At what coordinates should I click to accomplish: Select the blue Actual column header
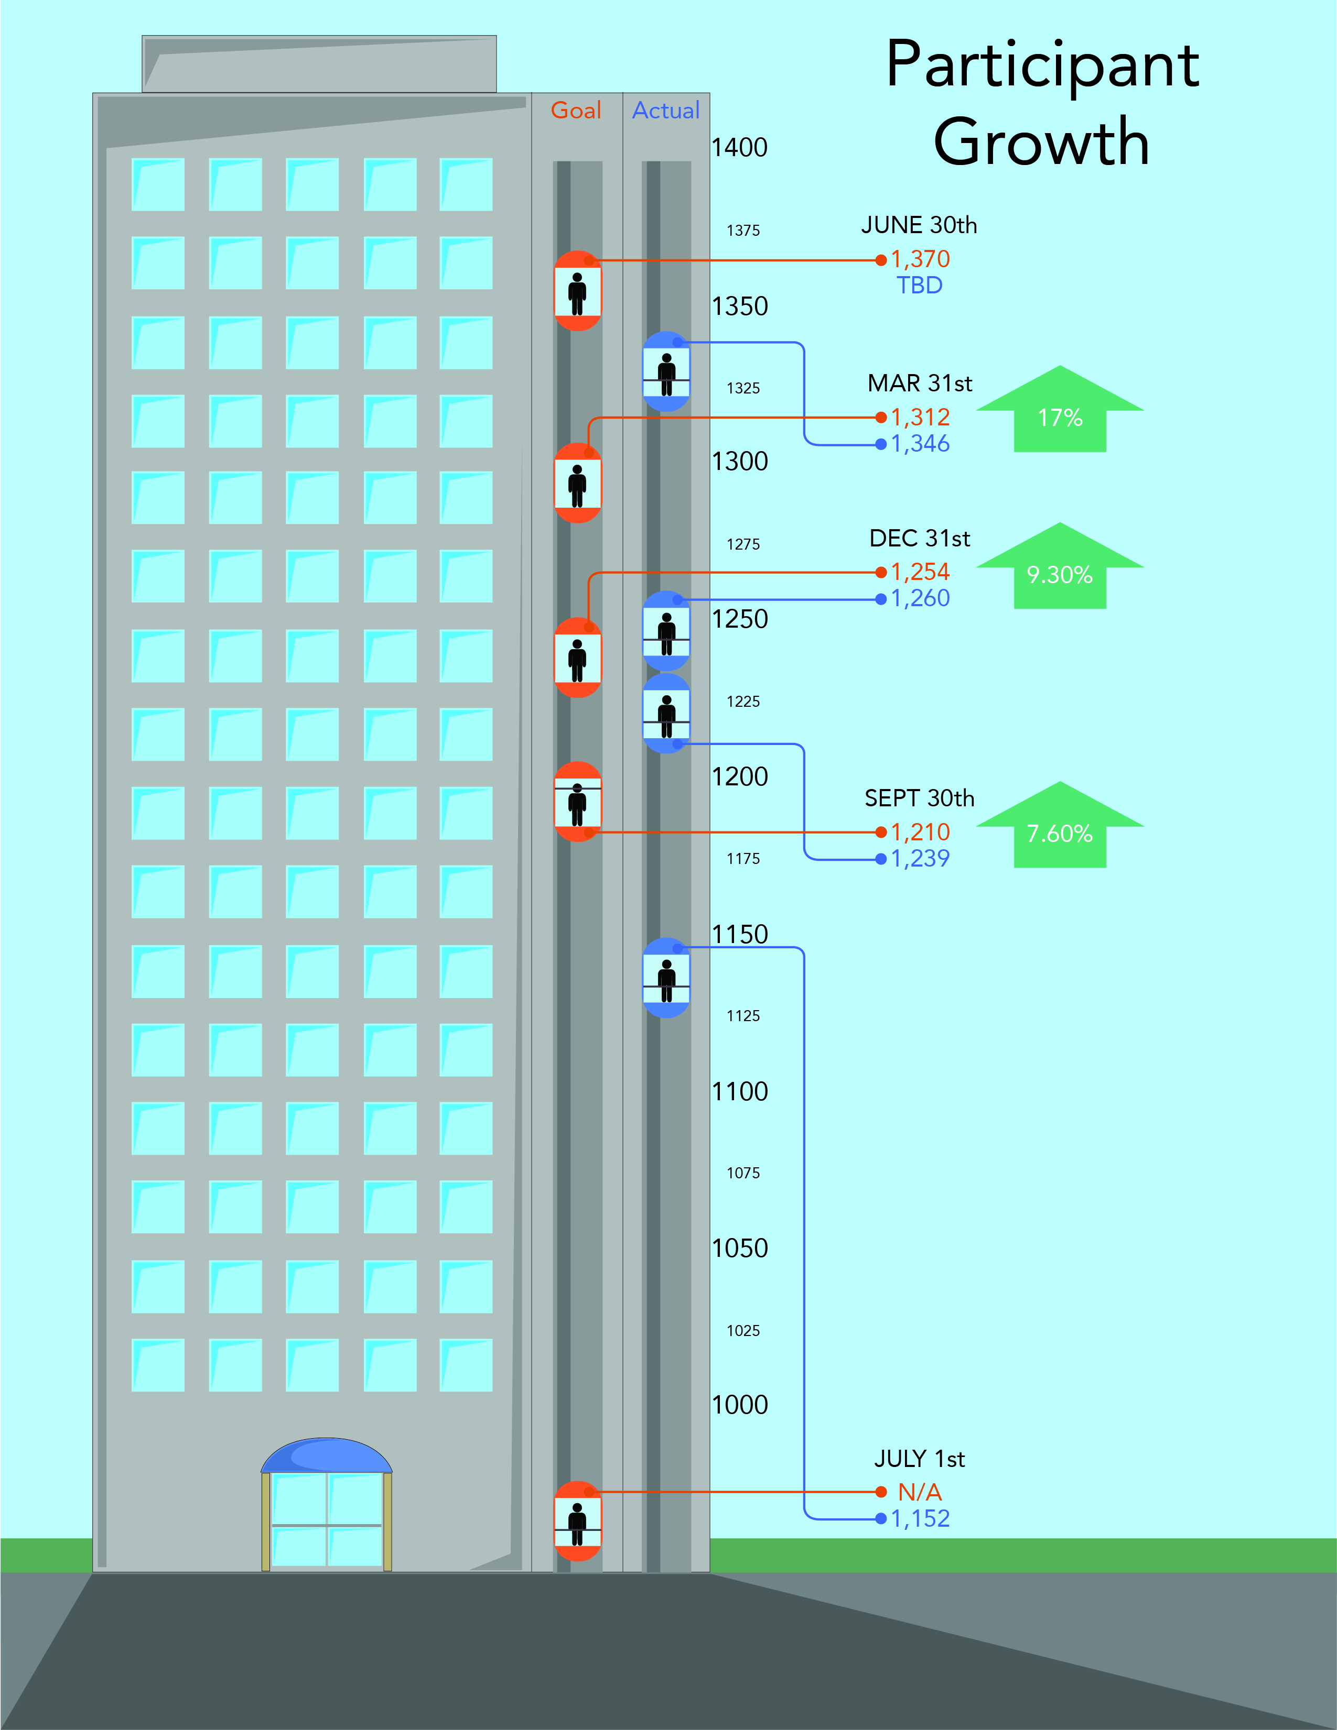pyautogui.click(x=666, y=110)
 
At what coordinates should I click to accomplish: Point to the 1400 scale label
pyautogui.click(x=739, y=147)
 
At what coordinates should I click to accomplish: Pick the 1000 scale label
pyautogui.click(x=739, y=1405)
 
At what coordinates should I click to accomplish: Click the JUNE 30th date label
pyautogui.click(x=919, y=225)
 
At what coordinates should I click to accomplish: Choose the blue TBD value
pyautogui.click(x=919, y=285)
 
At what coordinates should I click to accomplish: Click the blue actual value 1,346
pyautogui.click(x=920, y=444)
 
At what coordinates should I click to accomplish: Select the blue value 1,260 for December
pyautogui.click(x=920, y=598)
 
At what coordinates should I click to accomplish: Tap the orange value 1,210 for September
pyautogui.click(x=920, y=832)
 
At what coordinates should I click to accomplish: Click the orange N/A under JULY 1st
pyautogui.click(x=919, y=1492)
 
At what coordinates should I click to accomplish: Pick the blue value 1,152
pyautogui.click(x=920, y=1518)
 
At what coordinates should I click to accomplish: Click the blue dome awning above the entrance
pyautogui.click(x=327, y=1456)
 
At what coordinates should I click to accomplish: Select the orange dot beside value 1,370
pyautogui.click(x=880, y=260)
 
